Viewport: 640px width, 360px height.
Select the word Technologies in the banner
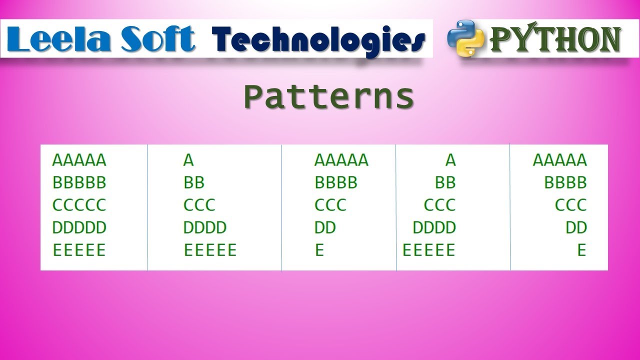(x=318, y=40)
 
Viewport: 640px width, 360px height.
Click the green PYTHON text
(x=555, y=40)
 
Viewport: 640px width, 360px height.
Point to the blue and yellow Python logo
(x=466, y=38)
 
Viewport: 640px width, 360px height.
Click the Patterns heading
(x=329, y=97)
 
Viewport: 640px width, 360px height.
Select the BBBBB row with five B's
(x=79, y=183)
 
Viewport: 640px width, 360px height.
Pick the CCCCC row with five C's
(x=79, y=205)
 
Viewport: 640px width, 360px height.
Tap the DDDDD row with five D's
(x=79, y=228)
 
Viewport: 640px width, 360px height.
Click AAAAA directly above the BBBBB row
(x=79, y=160)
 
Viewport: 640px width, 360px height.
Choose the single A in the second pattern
(x=188, y=160)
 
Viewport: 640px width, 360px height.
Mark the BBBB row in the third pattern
(x=336, y=183)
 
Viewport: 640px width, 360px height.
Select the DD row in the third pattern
(x=325, y=228)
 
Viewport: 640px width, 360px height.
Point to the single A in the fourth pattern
(x=450, y=160)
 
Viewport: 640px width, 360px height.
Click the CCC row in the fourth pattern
(x=439, y=205)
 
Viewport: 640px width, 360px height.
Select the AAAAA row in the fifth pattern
(x=560, y=160)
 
